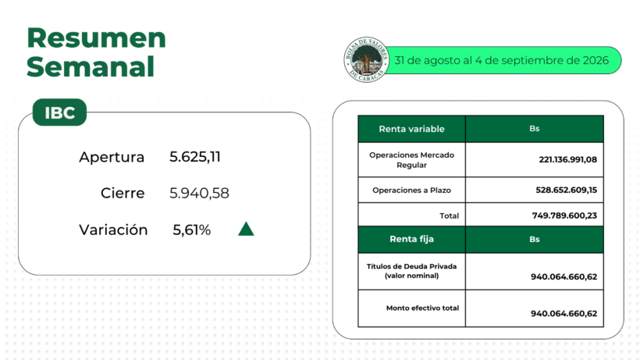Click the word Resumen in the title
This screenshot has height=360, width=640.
pos(96,38)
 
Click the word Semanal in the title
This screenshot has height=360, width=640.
pos(91,66)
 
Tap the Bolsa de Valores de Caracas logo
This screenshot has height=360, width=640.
pos(366,59)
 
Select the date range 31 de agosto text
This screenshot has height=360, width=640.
pos(501,60)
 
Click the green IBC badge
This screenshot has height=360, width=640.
pos(59,112)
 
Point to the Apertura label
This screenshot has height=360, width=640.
pos(112,157)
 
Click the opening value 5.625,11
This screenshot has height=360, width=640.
pos(195,157)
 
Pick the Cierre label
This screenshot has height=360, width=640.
pos(123,193)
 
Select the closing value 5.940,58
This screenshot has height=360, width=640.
pos(199,193)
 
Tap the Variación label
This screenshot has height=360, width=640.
pos(113,230)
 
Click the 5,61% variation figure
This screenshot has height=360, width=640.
pos(192,230)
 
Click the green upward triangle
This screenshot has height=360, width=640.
pos(246,229)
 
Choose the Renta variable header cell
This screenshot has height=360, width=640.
pos(411,129)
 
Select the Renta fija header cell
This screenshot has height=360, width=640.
pos(411,239)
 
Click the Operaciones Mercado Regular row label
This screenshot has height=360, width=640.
pos(411,160)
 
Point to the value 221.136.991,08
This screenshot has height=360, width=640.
pos(567,159)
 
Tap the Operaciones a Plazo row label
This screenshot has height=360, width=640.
pos(411,191)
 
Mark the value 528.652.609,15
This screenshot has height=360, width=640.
pos(566,191)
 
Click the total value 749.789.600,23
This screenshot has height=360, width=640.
pos(564,216)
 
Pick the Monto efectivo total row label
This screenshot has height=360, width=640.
pos(422,308)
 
